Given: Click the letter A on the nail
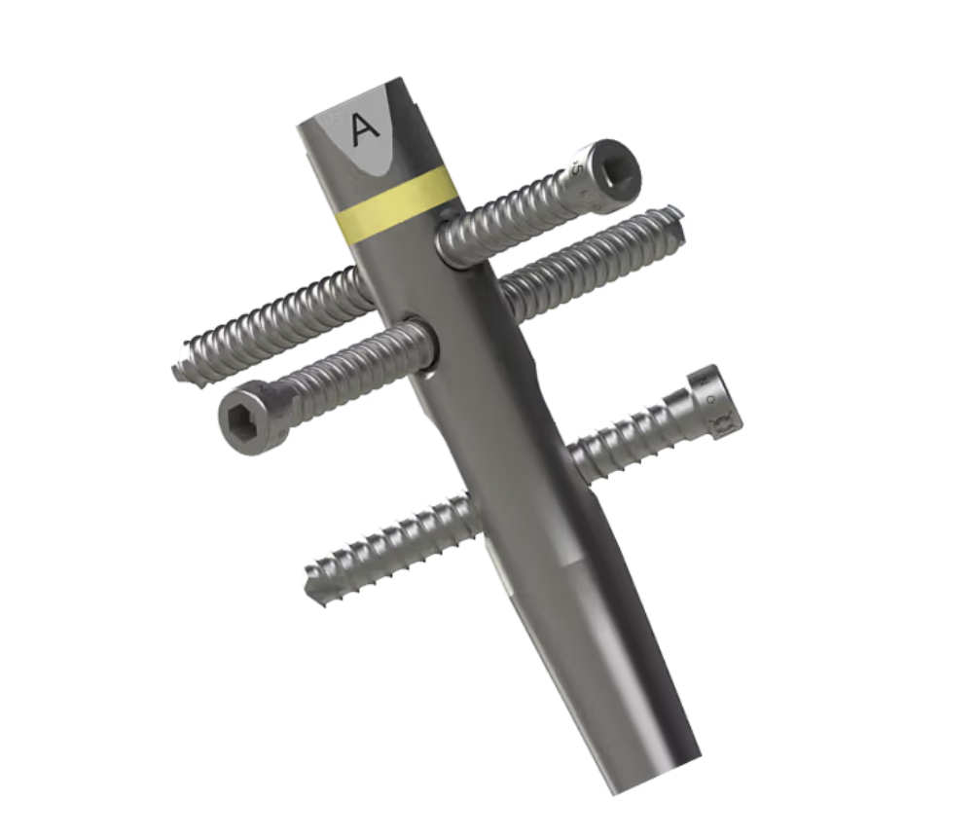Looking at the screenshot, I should (365, 128).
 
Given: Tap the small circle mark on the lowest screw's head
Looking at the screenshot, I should (710, 399).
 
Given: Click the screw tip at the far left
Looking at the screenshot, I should (180, 370).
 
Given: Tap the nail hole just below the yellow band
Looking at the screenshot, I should (450, 243).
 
